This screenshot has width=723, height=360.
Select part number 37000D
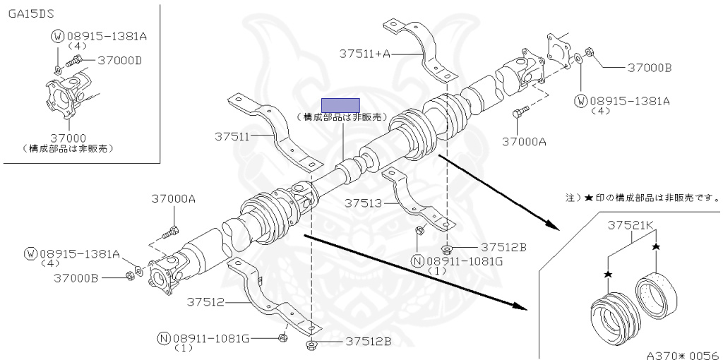(x=119, y=60)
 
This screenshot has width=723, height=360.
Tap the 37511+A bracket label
(x=364, y=52)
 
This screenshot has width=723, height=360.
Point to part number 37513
(x=363, y=203)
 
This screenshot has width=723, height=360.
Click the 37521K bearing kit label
(x=632, y=225)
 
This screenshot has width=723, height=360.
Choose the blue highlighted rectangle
(x=340, y=104)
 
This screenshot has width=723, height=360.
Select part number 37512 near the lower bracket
(x=205, y=302)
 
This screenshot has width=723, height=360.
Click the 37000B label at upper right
(x=649, y=68)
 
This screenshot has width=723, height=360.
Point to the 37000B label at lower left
(x=76, y=277)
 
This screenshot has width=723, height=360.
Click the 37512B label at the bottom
(x=367, y=342)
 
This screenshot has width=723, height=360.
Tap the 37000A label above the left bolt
(x=172, y=199)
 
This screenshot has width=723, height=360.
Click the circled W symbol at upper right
(x=581, y=100)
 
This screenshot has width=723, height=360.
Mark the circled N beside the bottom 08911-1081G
(x=164, y=338)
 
